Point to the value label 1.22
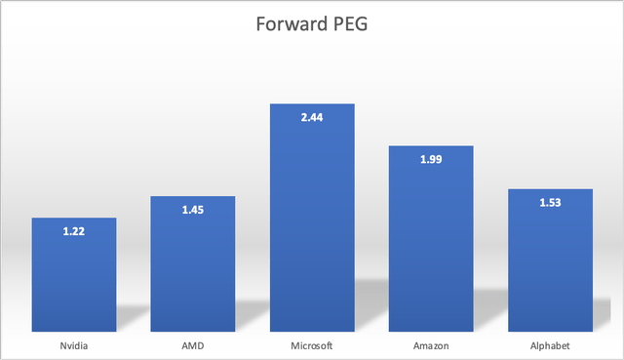pyautogui.click(x=74, y=232)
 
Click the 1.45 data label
pyautogui.click(x=193, y=211)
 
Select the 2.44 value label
pyautogui.click(x=312, y=118)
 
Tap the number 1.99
pyautogui.click(x=431, y=160)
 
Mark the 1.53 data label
pyautogui.click(x=550, y=203)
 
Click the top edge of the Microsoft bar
pyautogui.click(x=312, y=104)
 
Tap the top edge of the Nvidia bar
pyautogui.click(x=74, y=219)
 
